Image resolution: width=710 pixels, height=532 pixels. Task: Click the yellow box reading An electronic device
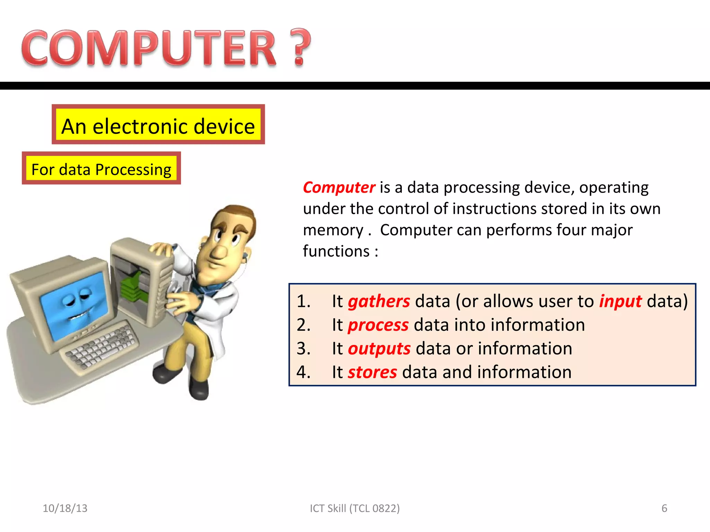158,125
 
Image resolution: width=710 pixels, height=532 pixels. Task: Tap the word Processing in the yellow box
133,169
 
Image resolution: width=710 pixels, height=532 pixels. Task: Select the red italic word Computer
339,187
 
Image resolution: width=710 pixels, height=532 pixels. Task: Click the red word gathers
379,301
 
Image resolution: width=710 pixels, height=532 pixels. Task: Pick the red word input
620,301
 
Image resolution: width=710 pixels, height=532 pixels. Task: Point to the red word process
378,325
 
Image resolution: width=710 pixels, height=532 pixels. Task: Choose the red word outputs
379,348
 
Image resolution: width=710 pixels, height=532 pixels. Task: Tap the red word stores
372,372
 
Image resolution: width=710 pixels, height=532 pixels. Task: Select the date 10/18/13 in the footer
65,508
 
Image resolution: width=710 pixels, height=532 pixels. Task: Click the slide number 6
664,508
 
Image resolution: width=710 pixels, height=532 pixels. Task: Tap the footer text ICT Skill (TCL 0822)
355,508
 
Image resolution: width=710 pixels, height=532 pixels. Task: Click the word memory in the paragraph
333,230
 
